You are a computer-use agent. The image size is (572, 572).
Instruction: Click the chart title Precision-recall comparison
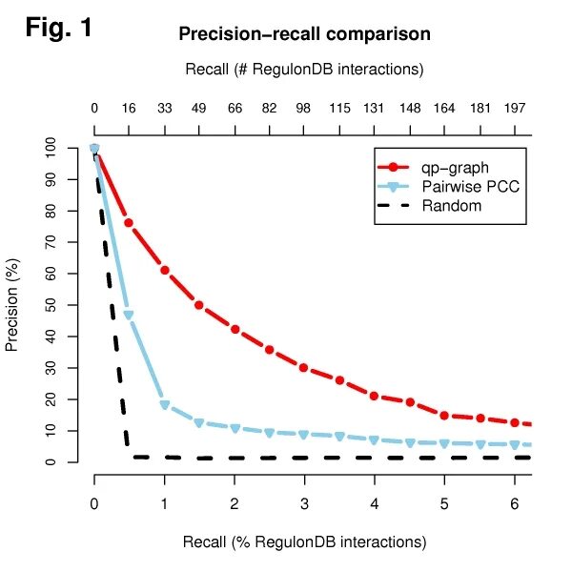tap(304, 34)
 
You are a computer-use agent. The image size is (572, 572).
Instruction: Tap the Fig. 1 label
tap(58, 28)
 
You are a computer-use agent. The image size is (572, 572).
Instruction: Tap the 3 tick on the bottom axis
tap(304, 501)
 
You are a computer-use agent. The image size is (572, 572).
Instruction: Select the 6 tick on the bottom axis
tap(514, 501)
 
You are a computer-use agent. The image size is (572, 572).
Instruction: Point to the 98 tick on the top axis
tap(304, 108)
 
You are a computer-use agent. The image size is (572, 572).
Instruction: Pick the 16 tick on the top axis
tap(129, 108)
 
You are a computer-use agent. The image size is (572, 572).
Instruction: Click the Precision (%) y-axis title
tap(12, 305)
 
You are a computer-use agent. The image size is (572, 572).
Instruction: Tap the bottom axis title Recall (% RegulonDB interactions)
tap(304, 542)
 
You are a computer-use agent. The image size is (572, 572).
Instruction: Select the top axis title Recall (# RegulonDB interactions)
tap(304, 70)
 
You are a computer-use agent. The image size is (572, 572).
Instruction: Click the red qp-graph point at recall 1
tap(165, 270)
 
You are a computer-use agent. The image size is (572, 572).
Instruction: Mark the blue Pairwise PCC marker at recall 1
tap(165, 405)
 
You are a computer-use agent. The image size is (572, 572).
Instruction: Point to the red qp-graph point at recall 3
tap(304, 368)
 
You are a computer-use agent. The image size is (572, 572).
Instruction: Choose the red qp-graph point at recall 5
tap(444, 416)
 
